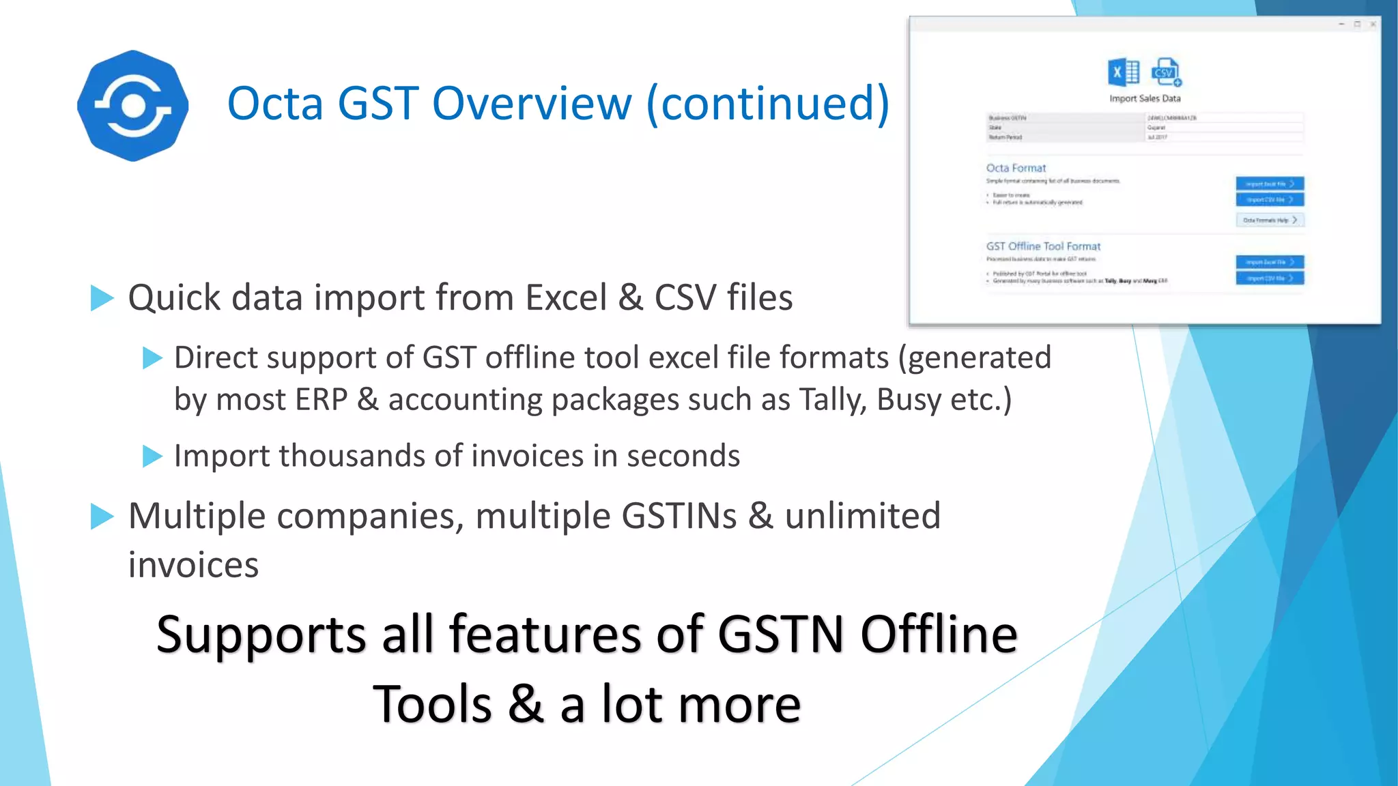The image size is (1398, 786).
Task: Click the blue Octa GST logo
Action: click(132, 106)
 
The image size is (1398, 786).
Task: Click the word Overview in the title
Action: click(532, 104)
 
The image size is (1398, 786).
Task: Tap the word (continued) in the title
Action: click(767, 104)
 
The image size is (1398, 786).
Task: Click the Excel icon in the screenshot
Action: click(1123, 72)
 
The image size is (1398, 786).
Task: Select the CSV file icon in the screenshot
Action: click(1166, 72)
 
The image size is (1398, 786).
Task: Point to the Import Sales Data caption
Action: click(1145, 98)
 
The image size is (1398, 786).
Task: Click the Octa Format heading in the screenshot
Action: click(1016, 168)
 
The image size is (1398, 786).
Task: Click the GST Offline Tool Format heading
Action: click(1043, 246)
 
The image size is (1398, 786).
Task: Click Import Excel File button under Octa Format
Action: click(1269, 184)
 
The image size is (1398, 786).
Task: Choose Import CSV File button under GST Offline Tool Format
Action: click(1269, 278)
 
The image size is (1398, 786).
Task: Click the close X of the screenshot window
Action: click(1373, 24)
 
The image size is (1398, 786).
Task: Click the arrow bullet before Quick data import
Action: click(102, 298)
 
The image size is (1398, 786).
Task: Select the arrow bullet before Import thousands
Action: click(152, 456)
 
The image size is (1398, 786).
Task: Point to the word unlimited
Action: click(862, 516)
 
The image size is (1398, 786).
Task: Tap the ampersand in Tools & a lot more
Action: click(526, 705)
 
